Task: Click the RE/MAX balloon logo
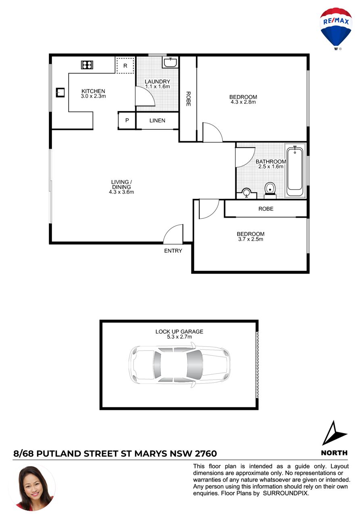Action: tap(336, 28)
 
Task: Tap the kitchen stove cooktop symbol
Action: tap(87, 65)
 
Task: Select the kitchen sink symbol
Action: tap(60, 92)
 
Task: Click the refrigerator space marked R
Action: tap(125, 66)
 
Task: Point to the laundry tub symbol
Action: tap(170, 62)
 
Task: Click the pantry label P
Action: tap(127, 120)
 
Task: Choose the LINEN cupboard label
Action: tap(157, 120)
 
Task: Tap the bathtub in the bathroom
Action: tap(295, 170)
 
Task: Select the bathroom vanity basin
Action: tap(246, 193)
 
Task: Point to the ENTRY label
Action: tap(173, 251)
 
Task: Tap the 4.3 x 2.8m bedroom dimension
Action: tap(243, 102)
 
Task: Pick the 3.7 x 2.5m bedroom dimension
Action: tap(250, 239)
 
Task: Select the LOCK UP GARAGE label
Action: tap(179, 331)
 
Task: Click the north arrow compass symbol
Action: tap(334, 432)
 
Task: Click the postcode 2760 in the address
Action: tap(206, 454)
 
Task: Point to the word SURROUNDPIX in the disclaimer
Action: tap(286, 493)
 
